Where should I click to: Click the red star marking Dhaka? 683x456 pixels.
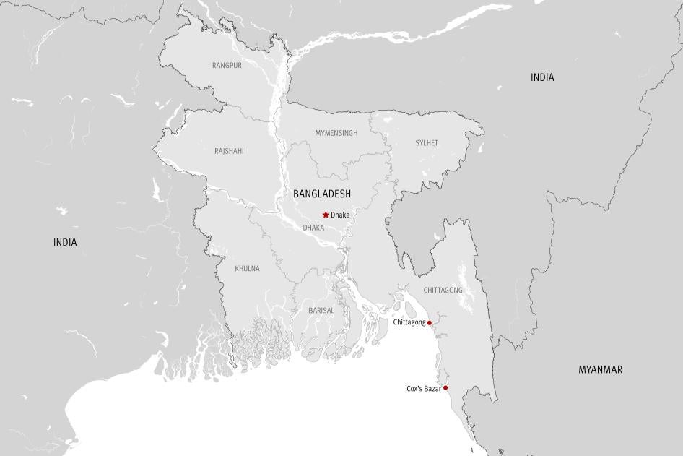click(x=326, y=215)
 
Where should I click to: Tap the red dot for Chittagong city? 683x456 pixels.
click(x=430, y=322)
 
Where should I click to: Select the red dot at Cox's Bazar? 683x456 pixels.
click(x=445, y=388)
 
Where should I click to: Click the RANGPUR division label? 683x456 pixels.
click(x=227, y=65)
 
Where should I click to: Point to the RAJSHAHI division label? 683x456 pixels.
click(x=229, y=151)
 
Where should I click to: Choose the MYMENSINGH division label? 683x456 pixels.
click(x=336, y=133)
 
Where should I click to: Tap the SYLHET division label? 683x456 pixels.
click(x=426, y=143)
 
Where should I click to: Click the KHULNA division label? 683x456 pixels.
click(x=247, y=269)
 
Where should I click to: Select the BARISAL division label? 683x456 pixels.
click(x=321, y=310)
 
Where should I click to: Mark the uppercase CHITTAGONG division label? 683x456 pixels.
click(x=443, y=290)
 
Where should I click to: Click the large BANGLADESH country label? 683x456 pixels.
click(x=322, y=194)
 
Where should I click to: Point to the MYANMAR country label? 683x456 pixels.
click(x=600, y=369)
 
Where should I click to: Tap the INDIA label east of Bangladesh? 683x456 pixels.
click(x=542, y=77)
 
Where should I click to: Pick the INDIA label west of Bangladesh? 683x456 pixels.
click(x=65, y=242)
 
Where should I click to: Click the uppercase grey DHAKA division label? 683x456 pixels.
click(x=313, y=227)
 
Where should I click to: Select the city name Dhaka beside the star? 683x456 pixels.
click(x=340, y=215)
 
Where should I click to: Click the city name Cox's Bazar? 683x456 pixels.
click(x=423, y=389)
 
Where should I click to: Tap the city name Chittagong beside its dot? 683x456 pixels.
click(x=409, y=322)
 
